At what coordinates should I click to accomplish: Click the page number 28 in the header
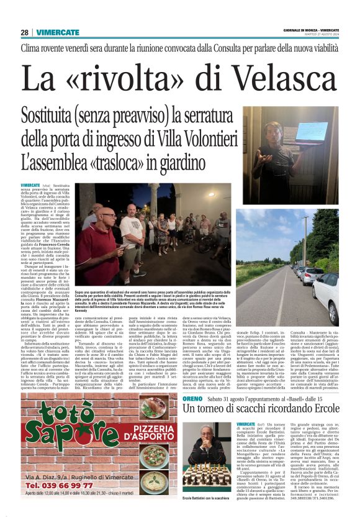tap(24, 32)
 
